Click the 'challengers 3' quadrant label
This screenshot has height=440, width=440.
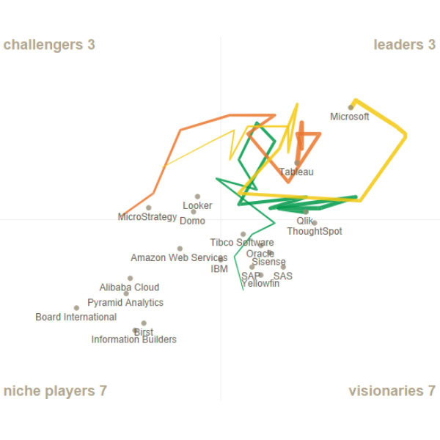[x=49, y=45]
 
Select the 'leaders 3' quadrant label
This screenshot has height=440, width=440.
[x=404, y=45]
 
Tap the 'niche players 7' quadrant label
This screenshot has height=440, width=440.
[x=56, y=391]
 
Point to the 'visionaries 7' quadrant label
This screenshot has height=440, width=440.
[x=392, y=391]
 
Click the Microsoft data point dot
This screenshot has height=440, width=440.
[x=351, y=107]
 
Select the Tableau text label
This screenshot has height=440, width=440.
[x=296, y=172]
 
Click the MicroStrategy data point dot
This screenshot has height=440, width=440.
[x=149, y=208]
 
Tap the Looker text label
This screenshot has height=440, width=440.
[x=197, y=206]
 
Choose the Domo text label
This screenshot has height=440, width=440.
[x=192, y=221]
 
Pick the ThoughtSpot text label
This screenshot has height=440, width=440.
[x=314, y=232]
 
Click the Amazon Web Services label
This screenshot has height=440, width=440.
[x=179, y=258]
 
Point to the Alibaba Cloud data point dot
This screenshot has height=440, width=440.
[x=131, y=279]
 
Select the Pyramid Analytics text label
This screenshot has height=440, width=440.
[x=125, y=303]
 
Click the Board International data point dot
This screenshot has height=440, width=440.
[x=76, y=308]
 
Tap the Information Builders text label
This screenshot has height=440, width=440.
[x=133, y=340]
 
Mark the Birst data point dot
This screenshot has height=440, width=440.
[x=144, y=323]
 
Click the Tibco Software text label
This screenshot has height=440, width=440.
[x=242, y=243]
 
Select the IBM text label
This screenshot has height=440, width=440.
[x=219, y=269]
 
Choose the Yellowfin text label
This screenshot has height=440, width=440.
[x=260, y=284]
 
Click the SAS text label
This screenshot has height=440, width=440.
[x=283, y=276]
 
